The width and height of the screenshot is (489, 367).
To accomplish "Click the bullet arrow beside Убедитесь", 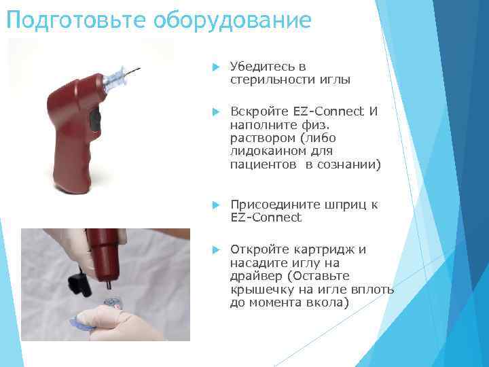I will pos(215,67).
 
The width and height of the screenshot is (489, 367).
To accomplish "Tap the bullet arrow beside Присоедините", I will pos(215,205).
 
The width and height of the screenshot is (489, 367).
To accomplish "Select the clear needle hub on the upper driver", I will pos(116,78).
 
